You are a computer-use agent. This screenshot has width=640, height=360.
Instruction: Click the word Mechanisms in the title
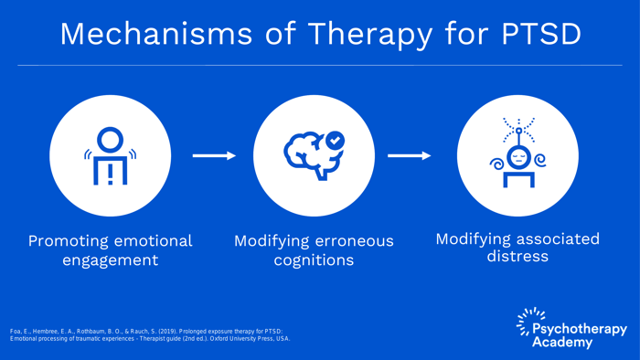click(156, 34)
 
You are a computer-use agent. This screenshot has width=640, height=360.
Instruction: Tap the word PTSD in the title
click(541, 34)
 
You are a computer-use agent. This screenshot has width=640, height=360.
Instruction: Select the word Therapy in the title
click(369, 35)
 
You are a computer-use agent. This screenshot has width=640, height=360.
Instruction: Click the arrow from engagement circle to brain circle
click(214, 155)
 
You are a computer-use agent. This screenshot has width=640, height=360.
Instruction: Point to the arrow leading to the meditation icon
click(409, 155)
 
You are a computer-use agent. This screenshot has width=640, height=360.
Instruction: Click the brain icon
click(313, 155)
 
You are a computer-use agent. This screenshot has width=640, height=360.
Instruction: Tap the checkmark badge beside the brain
click(336, 141)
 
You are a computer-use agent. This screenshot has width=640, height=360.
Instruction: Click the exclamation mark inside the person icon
click(111, 175)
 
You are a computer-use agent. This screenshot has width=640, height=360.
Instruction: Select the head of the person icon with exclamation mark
click(111, 140)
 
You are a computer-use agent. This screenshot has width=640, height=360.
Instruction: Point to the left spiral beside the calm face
click(496, 163)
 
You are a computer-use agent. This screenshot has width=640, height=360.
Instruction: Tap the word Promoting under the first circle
click(67, 242)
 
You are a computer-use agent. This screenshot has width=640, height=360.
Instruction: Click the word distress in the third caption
click(517, 257)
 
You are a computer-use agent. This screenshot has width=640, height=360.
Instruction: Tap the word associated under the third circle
click(556, 239)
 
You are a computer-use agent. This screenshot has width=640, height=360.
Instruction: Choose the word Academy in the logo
click(562, 343)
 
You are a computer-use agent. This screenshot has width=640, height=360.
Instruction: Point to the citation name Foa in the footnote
click(16, 332)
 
